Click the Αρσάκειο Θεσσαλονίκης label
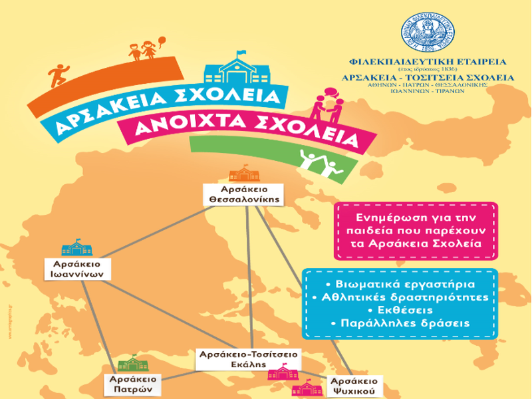[243, 193]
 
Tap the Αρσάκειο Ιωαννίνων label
[78, 268]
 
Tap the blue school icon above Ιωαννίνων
[76, 248]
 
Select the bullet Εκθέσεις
[400, 310]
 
